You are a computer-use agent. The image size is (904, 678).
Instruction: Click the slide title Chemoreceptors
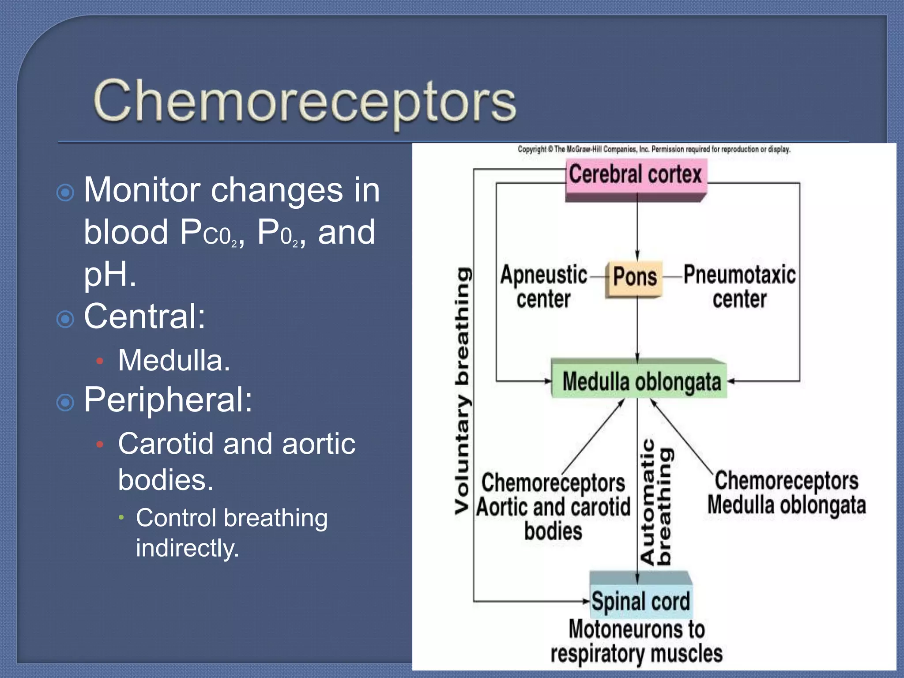point(305,102)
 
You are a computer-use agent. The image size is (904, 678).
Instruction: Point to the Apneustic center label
point(544,287)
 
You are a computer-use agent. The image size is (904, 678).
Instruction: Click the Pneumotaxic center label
point(739,287)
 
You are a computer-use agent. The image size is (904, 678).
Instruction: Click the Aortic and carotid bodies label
point(554,508)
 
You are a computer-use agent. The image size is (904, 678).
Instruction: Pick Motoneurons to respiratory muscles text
point(637,641)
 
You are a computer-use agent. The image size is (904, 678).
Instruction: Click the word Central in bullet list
point(144,316)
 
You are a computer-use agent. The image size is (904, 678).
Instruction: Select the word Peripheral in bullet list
point(168,400)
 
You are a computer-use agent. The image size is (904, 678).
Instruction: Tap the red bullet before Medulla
point(100,361)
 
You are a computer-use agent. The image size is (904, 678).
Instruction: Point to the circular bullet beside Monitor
point(65,192)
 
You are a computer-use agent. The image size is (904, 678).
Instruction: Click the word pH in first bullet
point(109,274)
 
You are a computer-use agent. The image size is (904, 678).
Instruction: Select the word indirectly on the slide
point(187,548)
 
